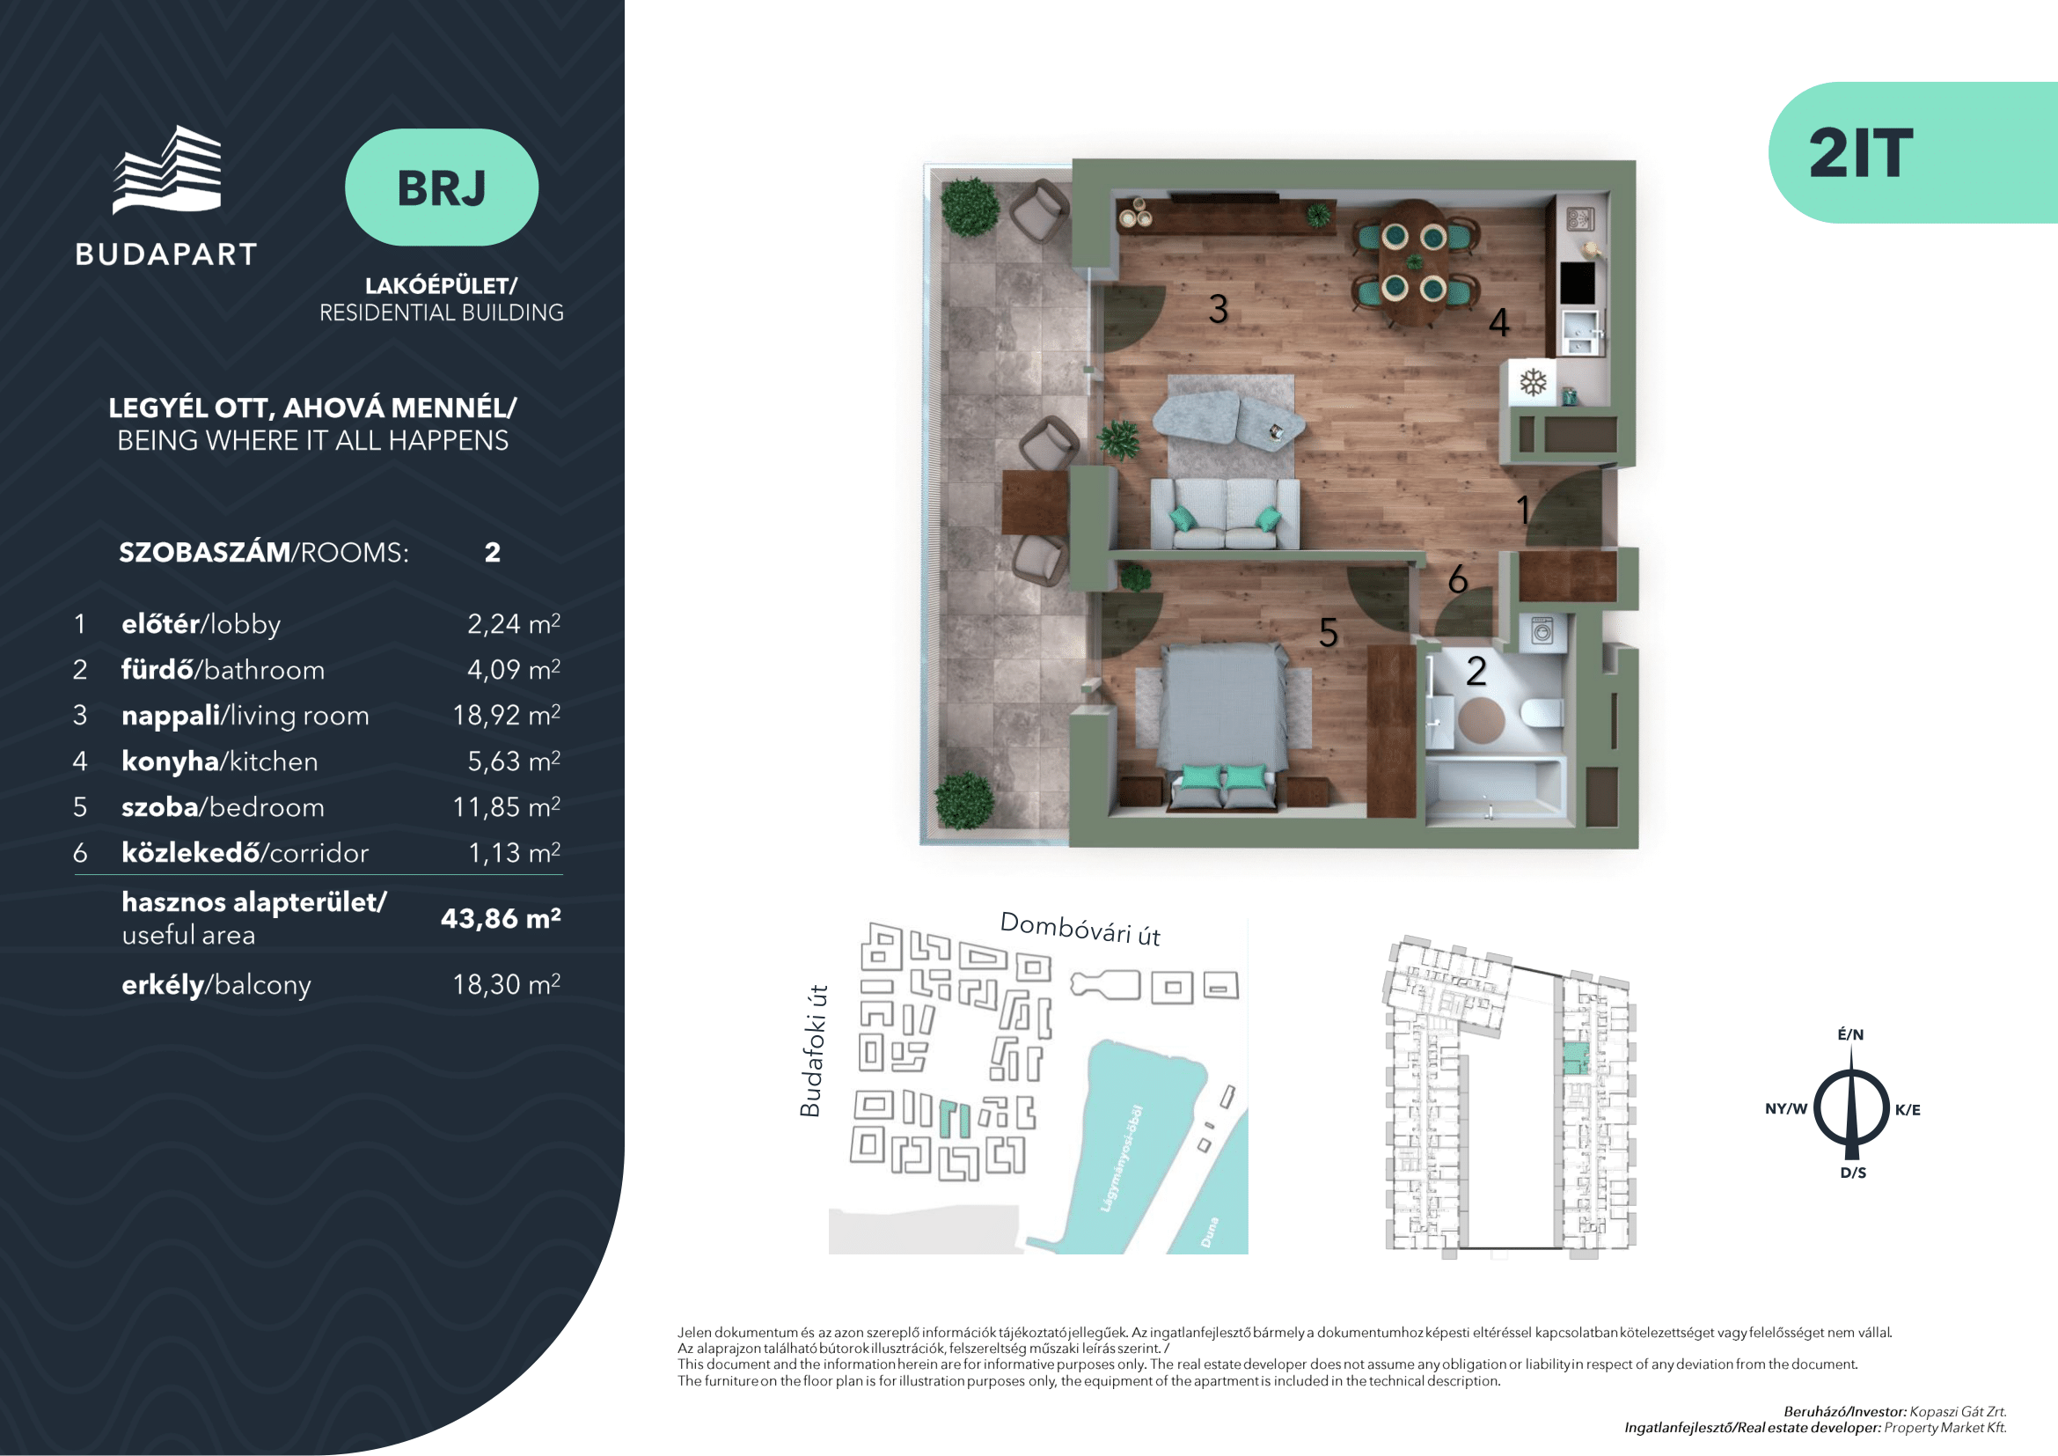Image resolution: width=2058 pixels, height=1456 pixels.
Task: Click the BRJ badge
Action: [441, 188]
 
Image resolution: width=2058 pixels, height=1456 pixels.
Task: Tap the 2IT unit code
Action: [1861, 153]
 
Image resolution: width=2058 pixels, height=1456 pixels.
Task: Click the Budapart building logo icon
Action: [168, 169]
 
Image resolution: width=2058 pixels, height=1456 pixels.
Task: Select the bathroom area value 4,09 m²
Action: [514, 669]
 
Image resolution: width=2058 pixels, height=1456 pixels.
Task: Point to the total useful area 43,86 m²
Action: [501, 918]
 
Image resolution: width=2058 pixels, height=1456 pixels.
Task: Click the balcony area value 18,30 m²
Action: [507, 983]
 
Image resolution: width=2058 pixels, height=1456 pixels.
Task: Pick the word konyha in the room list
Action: [171, 761]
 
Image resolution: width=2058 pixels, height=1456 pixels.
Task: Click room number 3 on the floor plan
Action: [1217, 309]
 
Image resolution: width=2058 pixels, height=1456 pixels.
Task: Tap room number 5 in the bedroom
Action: [1329, 633]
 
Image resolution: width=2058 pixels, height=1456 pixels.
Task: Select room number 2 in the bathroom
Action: [1476, 671]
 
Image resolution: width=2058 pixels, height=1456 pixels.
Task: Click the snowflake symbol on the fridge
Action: [1534, 382]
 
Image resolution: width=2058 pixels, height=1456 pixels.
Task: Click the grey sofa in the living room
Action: [1225, 513]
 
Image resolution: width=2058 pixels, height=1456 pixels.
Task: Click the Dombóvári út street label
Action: [1080, 929]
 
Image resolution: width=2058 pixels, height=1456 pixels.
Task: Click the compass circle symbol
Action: [1852, 1108]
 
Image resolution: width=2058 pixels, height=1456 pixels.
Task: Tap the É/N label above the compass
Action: [1851, 1033]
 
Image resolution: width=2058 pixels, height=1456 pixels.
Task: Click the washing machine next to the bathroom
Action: [1542, 632]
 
